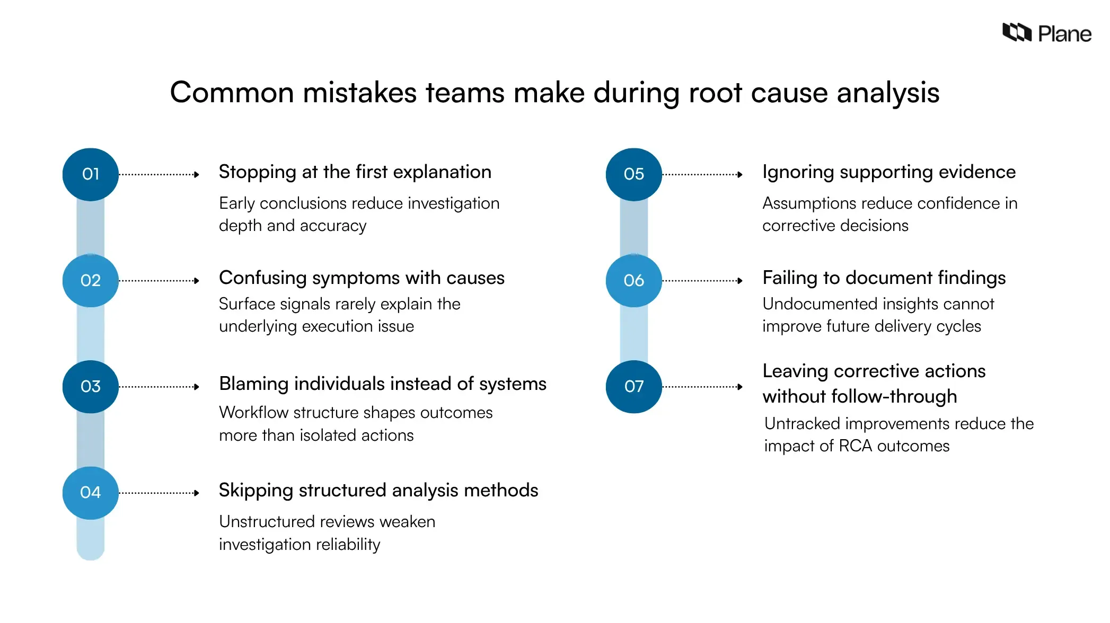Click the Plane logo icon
(1016, 33)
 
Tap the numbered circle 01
(90, 174)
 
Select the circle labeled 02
(90, 280)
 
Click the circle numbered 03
(90, 386)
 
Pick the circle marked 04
(90, 493)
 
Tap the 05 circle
(633, 174)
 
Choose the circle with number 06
(633, 280)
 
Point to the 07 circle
(633, 386)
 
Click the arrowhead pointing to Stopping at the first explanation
(197, 174)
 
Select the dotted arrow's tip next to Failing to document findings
(740, 281)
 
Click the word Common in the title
(232, 93)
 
